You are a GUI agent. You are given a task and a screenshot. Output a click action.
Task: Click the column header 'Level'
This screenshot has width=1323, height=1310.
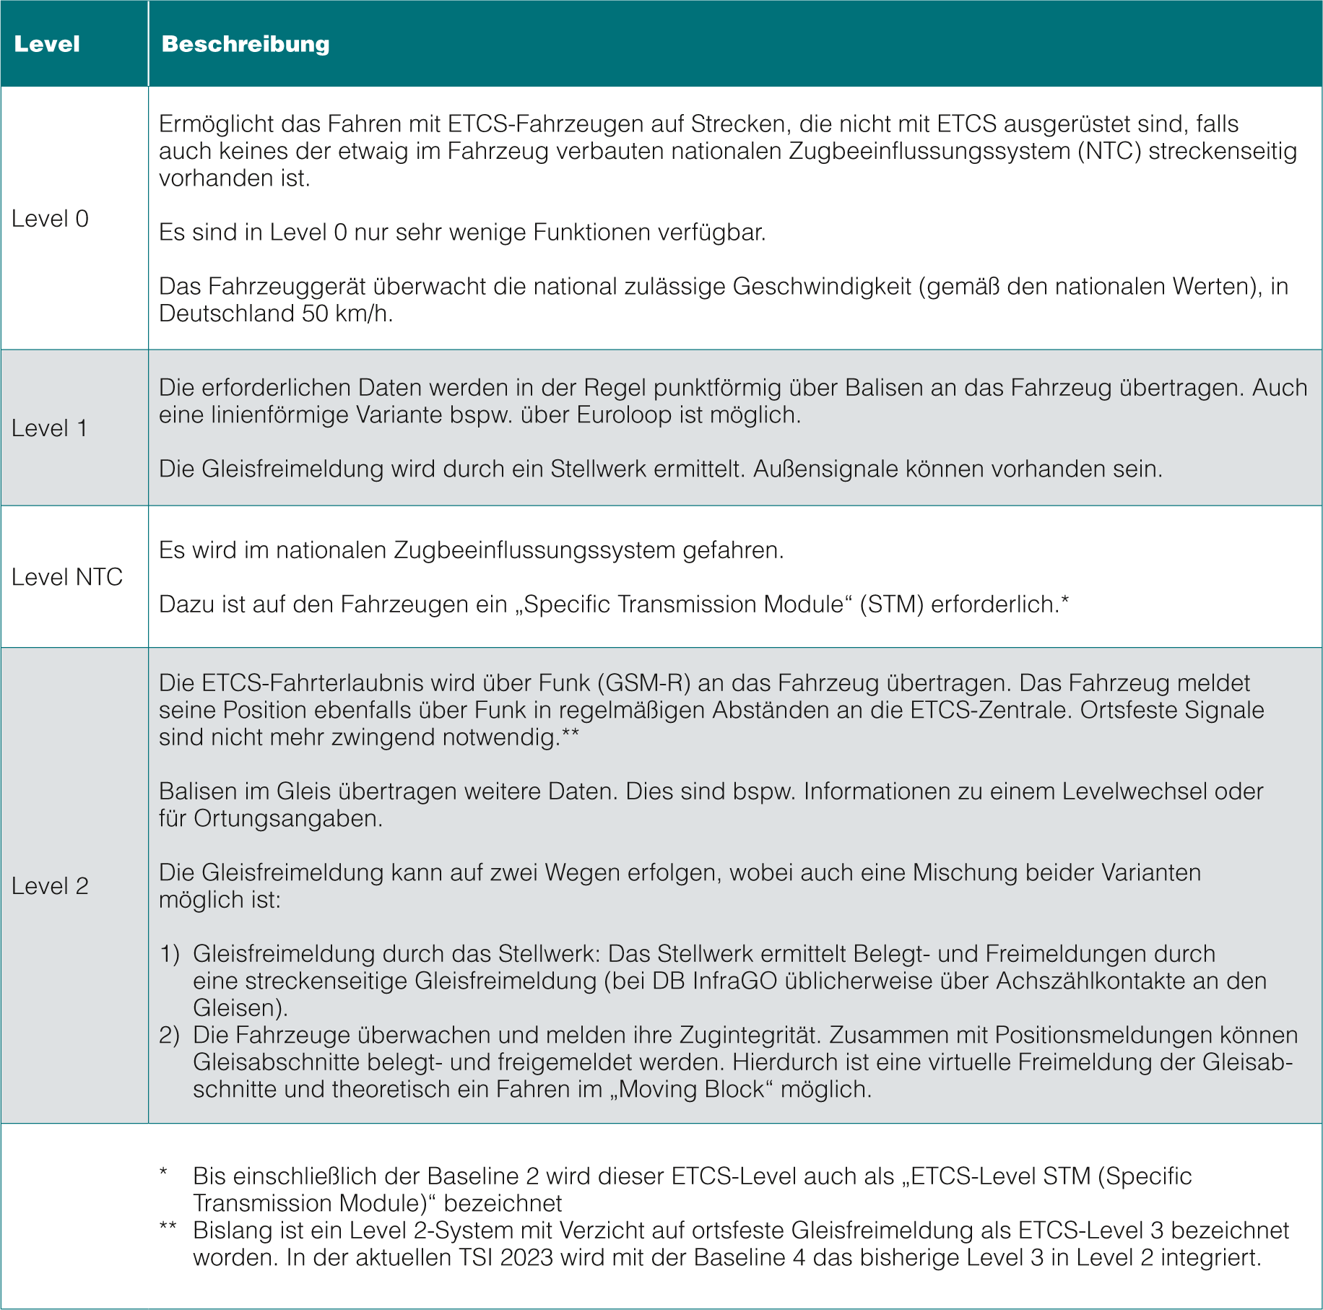click(x=47, y=44)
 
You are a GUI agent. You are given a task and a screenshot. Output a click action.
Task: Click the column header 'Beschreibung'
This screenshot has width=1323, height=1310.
click(x=246, y=44)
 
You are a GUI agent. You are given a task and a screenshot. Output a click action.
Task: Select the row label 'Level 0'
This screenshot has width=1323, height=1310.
click(x=50, y=219)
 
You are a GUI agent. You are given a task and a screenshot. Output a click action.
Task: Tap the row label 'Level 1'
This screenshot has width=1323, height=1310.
click(x=49, y=428)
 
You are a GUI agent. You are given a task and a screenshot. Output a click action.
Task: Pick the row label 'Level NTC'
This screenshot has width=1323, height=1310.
click(x=67, y=577)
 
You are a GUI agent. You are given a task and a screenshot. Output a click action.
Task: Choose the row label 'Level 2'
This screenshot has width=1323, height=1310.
click(x=50, y=886)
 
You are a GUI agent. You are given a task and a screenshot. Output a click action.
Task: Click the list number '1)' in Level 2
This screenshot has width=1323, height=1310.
click(x=169, y=954)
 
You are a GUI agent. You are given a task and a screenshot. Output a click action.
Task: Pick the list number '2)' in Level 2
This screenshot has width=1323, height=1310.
click(x=169, y=1036)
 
